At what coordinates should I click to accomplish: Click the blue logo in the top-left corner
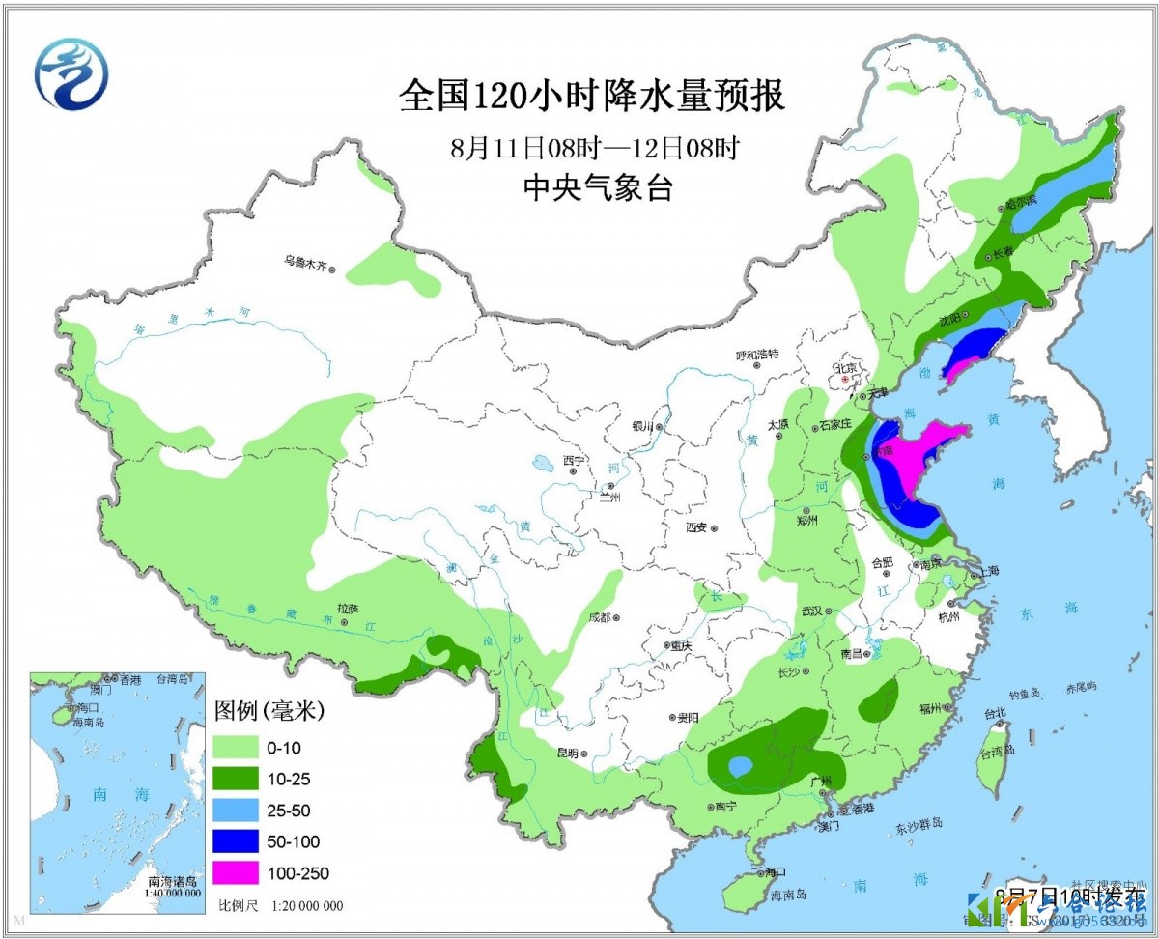click(x=71, y=73)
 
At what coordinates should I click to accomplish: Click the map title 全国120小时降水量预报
click(x=592, y=97)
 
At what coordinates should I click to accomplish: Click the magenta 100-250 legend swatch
click(x=236, y=872)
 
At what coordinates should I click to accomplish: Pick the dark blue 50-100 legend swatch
click(x=236, y=841)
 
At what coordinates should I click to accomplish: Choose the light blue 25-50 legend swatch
click(x=236, y=810)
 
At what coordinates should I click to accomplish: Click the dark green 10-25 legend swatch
click(x=236, y=779)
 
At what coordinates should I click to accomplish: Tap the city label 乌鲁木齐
click(x=305, y=260)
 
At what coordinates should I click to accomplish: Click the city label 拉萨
click(x=348, y=609)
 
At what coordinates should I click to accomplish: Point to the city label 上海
click(x=989, y=571)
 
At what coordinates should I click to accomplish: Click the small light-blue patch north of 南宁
click(x=740, y=767)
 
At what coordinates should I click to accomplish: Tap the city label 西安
click(x=695, y=527)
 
